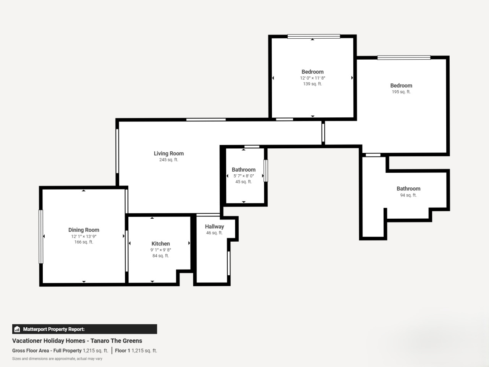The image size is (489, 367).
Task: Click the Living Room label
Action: (168, 154)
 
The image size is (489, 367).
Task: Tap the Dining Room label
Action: (84, 230)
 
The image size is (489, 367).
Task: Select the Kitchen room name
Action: (160, 244)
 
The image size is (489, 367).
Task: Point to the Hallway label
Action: (214, 227)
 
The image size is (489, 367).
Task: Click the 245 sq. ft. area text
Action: (168, 160)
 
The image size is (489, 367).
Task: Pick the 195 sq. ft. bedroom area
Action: (401, 92)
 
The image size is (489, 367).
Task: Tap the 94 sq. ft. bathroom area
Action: (408, 195)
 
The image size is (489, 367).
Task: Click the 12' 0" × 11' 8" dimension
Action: (313, 78)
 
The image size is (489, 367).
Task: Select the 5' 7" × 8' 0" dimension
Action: (243, 176)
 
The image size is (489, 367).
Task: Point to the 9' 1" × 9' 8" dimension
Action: (160, 250)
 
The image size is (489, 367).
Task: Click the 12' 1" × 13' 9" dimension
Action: (84, 236)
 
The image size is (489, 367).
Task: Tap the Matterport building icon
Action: (17, 329)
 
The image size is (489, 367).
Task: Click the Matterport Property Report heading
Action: (54, 329)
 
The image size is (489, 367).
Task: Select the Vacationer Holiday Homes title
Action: (77, 341)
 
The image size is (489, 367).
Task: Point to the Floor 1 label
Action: (123, 351)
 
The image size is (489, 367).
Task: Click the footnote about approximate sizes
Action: (57, 359)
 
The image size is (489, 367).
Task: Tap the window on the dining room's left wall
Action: (41, 237)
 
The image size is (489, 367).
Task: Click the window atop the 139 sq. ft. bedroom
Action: (314, 36)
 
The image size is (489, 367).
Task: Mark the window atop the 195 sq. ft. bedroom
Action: (404, 58)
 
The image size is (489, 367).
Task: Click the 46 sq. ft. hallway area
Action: (214, 233)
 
